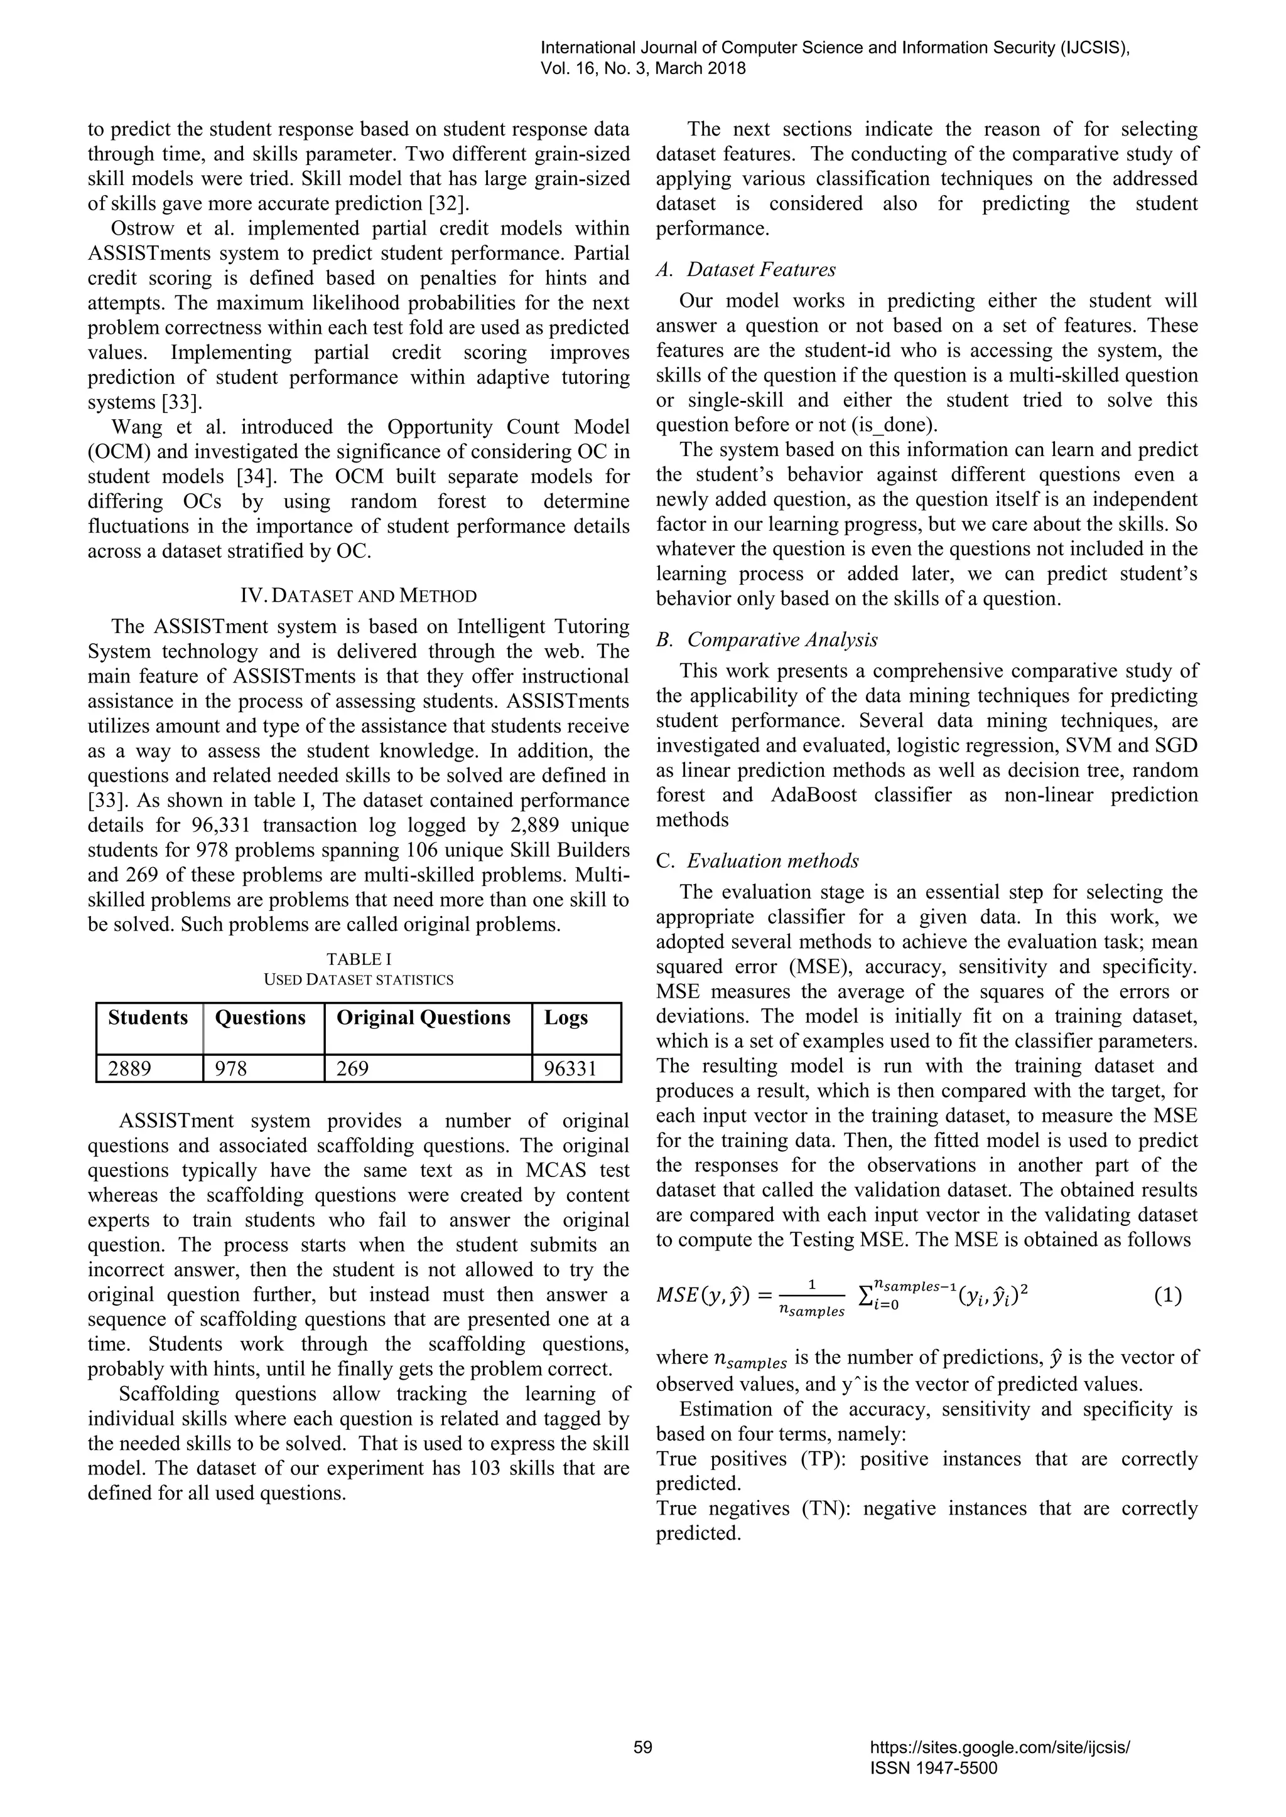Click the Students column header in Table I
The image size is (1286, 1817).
(148, 1018)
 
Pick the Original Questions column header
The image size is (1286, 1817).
(424, 1018)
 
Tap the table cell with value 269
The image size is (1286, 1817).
(353, 1069)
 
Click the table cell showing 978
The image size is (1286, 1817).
(231, 1069)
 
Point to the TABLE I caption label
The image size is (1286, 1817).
(359, 959)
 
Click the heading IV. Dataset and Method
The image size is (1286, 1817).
(358, 596)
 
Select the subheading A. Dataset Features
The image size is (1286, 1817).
(746, 270)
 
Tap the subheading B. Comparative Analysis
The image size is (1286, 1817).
(767, 639)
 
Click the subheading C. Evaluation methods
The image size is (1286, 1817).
(758, 861)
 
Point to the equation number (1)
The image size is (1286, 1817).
(1167, 1296)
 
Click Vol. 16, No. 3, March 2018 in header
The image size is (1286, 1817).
(643, 69)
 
